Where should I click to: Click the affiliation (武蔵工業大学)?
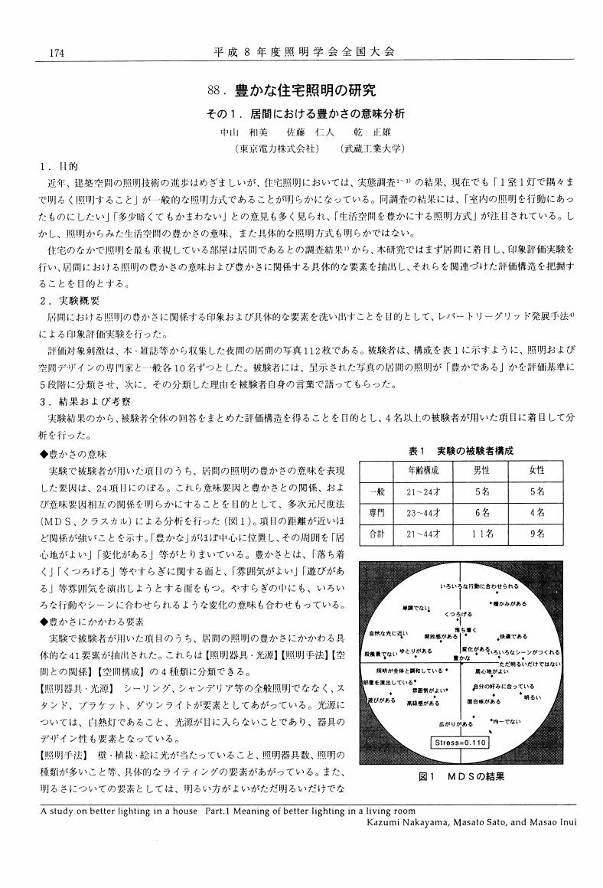click(x=373, y=149)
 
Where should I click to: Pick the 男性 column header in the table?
click(x=481, y=470)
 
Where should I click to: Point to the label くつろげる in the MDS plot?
click(x=458, y=614)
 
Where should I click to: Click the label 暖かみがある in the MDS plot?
click(x=510, y=604)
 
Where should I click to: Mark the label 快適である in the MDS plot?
click(x=513, y=636)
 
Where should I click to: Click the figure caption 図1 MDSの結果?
click(x=462, y=776)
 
